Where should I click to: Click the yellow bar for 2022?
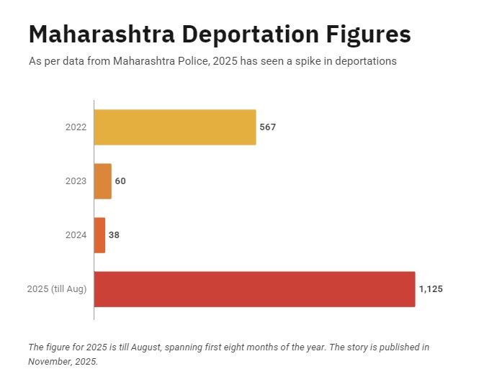pyautogui.click(x=175, y=127)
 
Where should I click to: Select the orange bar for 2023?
pyautogui.click(x=103, y=181)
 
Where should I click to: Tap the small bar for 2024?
pyautogui.click(x=100, y=235)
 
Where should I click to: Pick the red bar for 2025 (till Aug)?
pyautogui.click(x=254, y=289)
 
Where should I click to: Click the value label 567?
pyautogui.click(x=268, y=127)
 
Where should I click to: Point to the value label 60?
pyautogui.click(x=120, y=181)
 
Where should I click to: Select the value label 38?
pyautogui.click(x=114, y=235)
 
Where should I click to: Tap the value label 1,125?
pyautogui.click(x=431, y=289)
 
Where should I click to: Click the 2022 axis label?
pyautogui.click(x=76, y=127)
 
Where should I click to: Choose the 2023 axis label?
pyautogui.click(x=76, y=181)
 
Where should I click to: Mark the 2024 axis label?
pyautogui.click(x=76, y=235)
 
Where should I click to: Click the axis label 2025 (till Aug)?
pyautogui.click(x=57, y=289)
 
